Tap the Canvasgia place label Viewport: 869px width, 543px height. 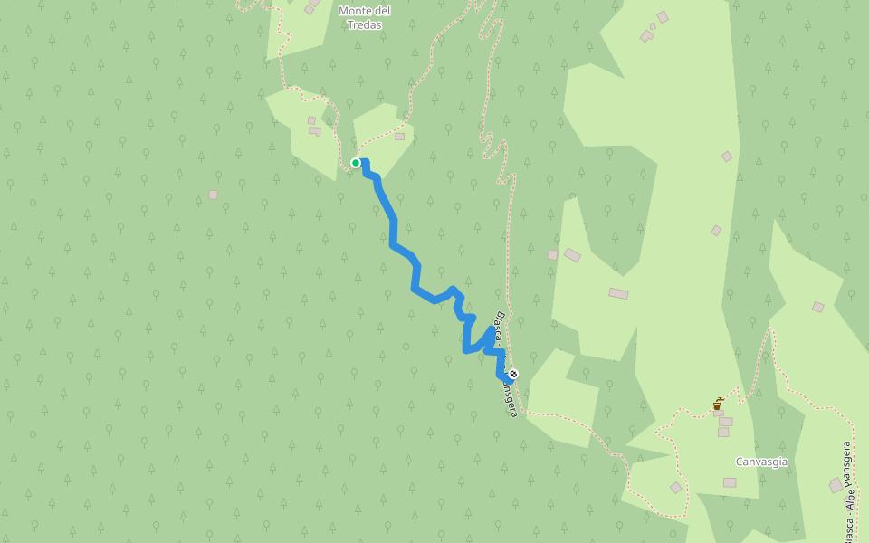[x=761, y=462]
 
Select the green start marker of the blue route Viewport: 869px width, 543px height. [x=356, y=163]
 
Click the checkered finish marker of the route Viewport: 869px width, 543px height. [x=513, y=374]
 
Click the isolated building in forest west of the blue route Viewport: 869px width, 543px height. [x=213, y=195]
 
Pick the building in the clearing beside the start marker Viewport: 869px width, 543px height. [x=399, y=137]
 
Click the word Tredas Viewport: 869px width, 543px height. [x=364, y=25]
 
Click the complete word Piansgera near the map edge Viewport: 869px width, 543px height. [x=847, y=463]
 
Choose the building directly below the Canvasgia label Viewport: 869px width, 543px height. [x=730, y=482]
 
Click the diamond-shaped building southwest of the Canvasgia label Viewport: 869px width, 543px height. [x=675, y=488]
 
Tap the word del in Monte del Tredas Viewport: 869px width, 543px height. [x=381, y=11]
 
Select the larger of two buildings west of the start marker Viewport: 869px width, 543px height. [x=314, y=131]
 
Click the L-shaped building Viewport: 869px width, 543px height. [x=647, y=35]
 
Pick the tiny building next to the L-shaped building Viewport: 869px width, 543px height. [x=652, y=26]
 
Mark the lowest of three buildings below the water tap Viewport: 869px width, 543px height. [x=723, y=432]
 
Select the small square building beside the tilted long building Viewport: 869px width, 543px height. [x=552, y=255]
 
